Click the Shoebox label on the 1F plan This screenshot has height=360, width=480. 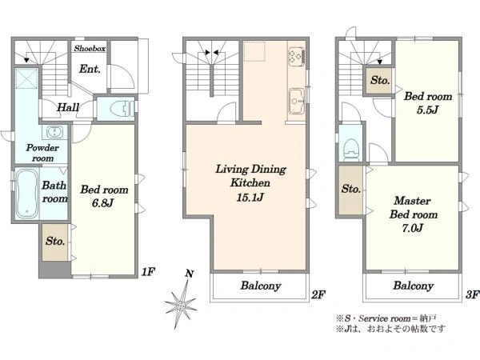(x=90, y=48)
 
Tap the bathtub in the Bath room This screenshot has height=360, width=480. (x=27, y=194)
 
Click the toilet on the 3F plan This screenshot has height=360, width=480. (x=351, y=149)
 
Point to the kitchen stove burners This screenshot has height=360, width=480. (x=297, y=56)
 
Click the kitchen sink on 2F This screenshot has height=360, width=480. (x=296, y=102)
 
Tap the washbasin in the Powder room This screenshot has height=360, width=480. (x=54, y=133)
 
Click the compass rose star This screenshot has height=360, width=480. (x=181, y=304)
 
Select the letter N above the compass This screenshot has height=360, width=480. (x=190, y=274)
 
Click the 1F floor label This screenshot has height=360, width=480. (x=149, y=271)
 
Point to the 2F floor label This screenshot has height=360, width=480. (x=318, y=294)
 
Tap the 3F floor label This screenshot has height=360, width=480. (x=472, y=294)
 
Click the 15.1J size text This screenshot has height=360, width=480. (x=250, y=197)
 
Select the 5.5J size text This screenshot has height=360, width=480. (x=427, y=110)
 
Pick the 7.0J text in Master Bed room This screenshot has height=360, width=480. (x=412, y=228)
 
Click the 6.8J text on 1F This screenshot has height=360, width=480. (x=103, y=202)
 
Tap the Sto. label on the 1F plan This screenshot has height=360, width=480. (x=55, y=242)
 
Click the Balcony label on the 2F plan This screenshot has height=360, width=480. (x=261, y=286)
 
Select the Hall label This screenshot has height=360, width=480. (x=68, y=107)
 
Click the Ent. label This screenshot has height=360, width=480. (x=90, y=69)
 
